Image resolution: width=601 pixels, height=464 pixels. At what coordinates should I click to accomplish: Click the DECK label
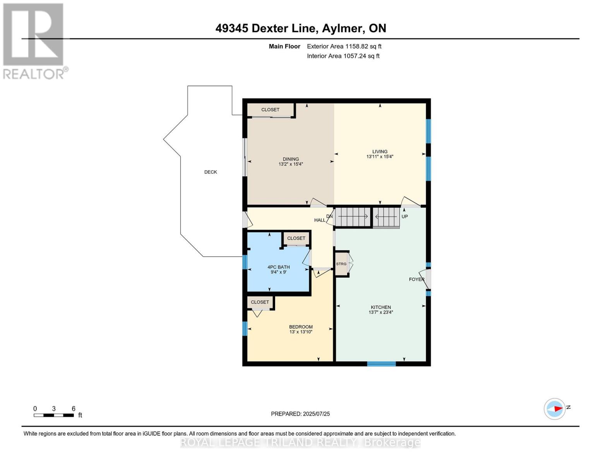211,172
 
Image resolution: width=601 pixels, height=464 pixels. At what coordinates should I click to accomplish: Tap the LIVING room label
380,152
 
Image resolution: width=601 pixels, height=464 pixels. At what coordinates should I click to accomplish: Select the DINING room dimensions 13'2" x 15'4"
291,164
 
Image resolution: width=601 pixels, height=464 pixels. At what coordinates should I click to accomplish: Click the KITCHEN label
380,307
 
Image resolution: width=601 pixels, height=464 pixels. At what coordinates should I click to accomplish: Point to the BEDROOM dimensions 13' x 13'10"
301,332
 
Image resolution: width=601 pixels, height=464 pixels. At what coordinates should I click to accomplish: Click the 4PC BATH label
278,267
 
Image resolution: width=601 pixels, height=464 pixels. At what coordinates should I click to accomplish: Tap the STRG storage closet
341,264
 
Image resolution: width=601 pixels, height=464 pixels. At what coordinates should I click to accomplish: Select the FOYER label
416,279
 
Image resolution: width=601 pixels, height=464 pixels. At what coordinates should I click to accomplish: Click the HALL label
320,220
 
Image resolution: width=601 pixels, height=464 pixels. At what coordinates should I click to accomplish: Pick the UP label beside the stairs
404,217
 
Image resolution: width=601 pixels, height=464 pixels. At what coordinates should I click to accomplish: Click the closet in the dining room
270,110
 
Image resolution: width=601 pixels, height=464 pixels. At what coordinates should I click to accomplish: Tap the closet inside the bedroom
260,302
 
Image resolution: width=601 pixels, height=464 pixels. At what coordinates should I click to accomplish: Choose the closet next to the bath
296,239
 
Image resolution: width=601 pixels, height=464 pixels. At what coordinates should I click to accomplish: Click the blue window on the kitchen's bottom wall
381,363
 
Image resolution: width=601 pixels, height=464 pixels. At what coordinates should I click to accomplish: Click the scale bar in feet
54,415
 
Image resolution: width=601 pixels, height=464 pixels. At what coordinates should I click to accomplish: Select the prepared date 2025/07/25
300,414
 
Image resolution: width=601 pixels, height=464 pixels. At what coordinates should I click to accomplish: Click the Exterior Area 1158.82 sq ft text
344,46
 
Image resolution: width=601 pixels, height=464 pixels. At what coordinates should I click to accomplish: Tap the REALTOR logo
34,41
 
